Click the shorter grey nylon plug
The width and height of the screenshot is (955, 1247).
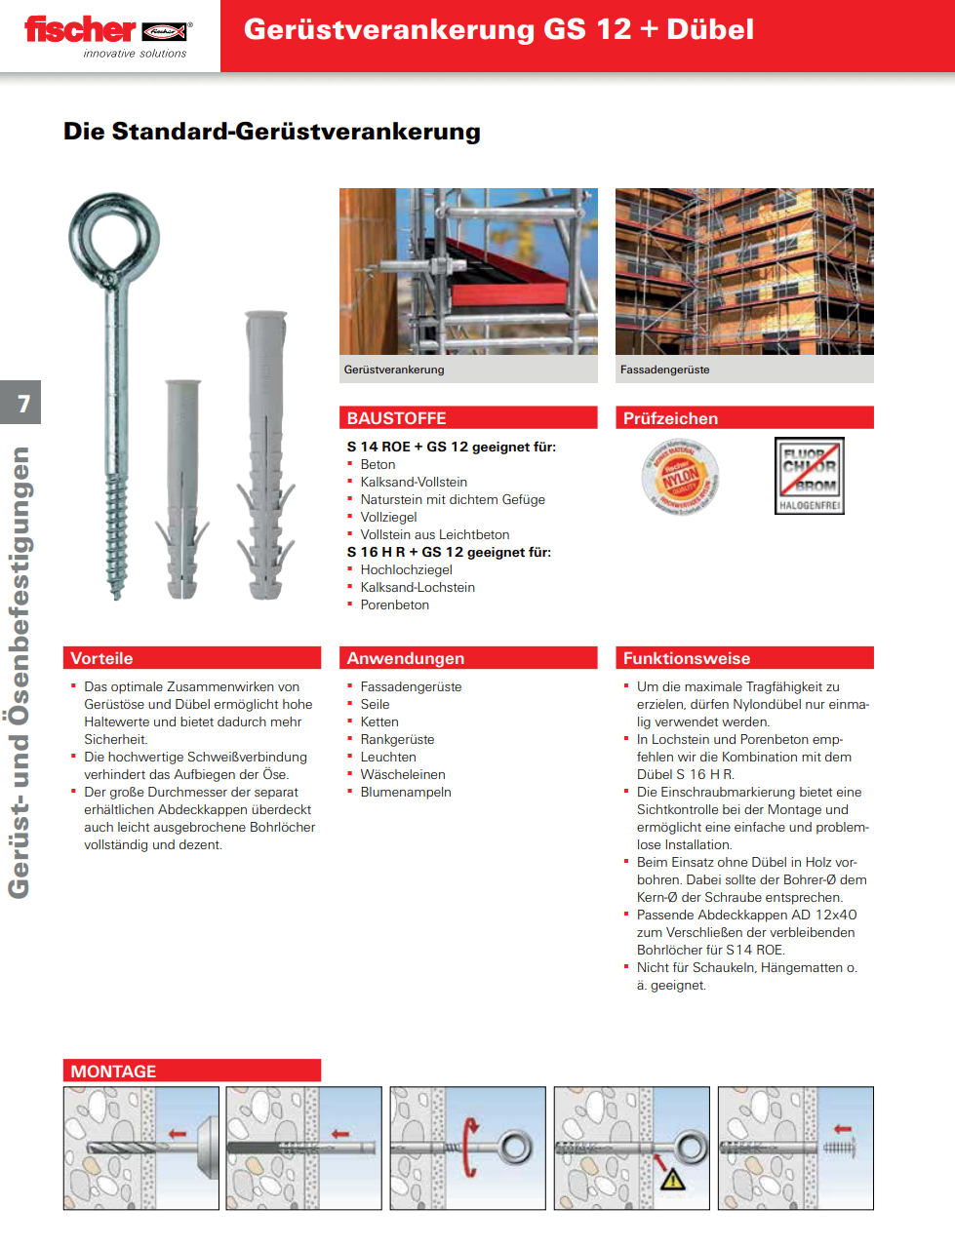tap(182, 487)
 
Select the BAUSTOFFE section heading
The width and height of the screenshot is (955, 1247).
tap(397, 418)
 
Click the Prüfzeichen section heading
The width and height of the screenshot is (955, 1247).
tap(670, 418)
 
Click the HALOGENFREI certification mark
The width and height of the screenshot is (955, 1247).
tap(809, 475)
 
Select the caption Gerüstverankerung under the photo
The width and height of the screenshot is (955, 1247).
tap(394, 370)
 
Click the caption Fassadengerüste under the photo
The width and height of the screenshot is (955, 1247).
tap(664, 370)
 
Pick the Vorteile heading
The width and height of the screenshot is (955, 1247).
tap(102, 658)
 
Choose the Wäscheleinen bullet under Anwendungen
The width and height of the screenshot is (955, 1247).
tap(403, 774)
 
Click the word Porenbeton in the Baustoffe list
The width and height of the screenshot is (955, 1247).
tap(394, 604)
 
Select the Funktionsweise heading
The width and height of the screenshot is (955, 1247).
tap(687, 658)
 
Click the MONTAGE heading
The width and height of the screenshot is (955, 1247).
tap(113, 1072)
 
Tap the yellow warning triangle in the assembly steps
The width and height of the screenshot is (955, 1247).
tap(673, 1179)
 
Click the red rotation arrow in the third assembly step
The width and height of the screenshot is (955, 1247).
tap(471, 1148)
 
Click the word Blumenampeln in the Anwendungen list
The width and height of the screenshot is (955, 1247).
tap(406, 792)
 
